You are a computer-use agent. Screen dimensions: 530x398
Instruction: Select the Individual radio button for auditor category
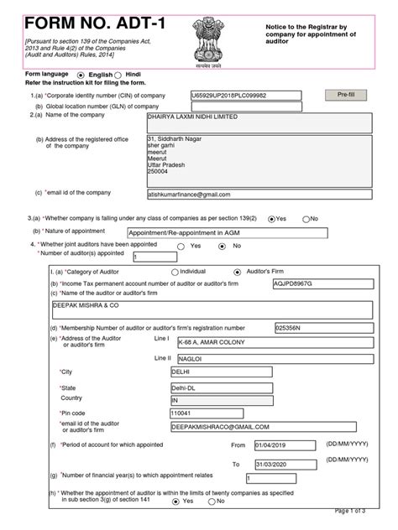click(175, 272)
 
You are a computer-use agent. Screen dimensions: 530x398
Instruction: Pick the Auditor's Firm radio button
click(238, 272)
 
